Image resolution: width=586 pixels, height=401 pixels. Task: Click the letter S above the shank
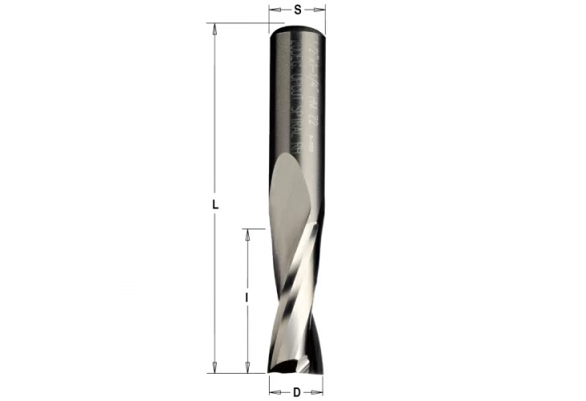298,10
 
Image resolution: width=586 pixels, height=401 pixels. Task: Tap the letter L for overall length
215,205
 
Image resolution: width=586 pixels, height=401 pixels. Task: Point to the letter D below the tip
296,392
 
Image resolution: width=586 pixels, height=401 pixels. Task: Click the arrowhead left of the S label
273,10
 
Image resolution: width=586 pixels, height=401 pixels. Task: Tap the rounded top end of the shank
297,30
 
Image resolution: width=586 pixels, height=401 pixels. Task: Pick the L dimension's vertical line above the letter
215,112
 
